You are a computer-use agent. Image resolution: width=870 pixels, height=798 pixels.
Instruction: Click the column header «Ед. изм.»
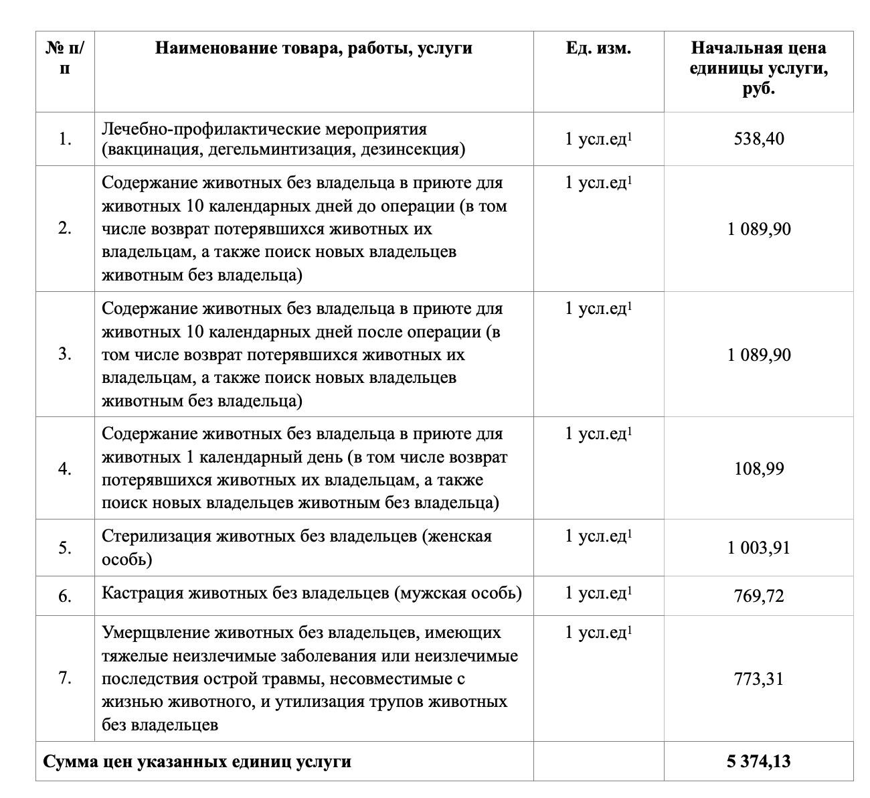click(598, 48)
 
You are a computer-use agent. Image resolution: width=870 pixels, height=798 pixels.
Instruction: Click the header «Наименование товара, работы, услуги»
click(314, 48)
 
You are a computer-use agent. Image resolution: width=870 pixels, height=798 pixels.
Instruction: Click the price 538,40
click(758, 139)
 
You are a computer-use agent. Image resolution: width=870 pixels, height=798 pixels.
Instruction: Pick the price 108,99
click(758, 469)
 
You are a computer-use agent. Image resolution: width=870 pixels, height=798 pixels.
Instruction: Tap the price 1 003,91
click(758, 548)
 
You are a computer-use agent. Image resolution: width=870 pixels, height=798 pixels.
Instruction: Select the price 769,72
click(758, 595)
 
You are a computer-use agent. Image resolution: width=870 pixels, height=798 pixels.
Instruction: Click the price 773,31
click(758, 679)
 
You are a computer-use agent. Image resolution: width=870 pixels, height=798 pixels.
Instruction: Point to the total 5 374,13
click(758, 761)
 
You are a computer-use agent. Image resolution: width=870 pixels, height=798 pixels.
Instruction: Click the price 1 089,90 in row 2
click(758, 229)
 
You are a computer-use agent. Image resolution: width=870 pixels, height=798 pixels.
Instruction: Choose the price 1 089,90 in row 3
click(758, 354)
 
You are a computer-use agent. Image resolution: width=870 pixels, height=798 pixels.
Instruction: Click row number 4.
click(65, 469)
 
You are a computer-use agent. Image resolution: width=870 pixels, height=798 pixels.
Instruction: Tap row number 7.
click(65, 678)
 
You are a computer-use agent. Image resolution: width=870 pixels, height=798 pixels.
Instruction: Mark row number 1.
click(65, 139)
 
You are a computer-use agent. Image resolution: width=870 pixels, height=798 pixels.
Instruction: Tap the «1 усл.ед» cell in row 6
click(598, 593)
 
